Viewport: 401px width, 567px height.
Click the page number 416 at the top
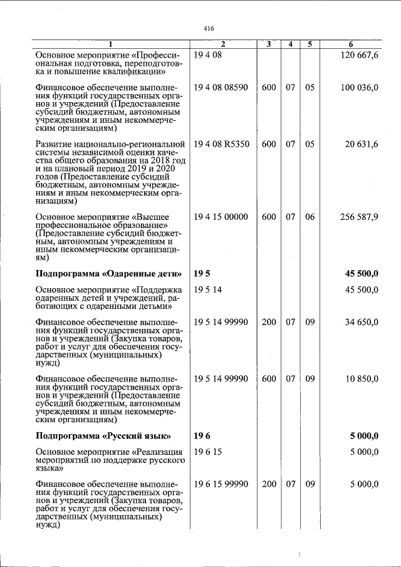point(209,29)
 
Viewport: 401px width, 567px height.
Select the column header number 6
point(351,44)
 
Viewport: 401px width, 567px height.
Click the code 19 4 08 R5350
point(222,144)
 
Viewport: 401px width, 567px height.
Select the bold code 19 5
point(201,273)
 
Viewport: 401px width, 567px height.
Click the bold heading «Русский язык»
point(104,435)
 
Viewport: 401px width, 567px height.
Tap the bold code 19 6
point(201,435)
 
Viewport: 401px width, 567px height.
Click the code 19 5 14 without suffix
point(208,289)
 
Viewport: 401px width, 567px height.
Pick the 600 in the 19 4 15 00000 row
point(269,217)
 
